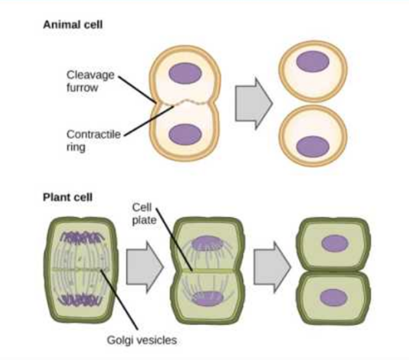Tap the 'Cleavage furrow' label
[91, 80]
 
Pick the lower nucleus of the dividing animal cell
[185, 135]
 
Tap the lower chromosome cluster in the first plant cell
[80, 301]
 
